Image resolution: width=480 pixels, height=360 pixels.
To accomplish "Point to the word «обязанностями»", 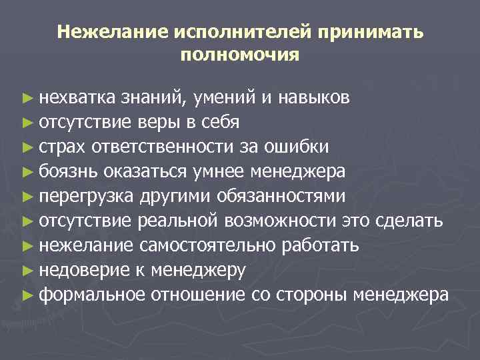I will (x=289, y=196).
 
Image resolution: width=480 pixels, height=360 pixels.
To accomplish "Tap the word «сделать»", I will (x=413, y=221).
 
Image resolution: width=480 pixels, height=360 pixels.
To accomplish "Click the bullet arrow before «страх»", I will (x=27, y=147).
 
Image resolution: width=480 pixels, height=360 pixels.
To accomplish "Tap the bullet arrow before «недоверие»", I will (x=27, y=270).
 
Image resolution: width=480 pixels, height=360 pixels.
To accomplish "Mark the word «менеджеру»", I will (x=199, y=269).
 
